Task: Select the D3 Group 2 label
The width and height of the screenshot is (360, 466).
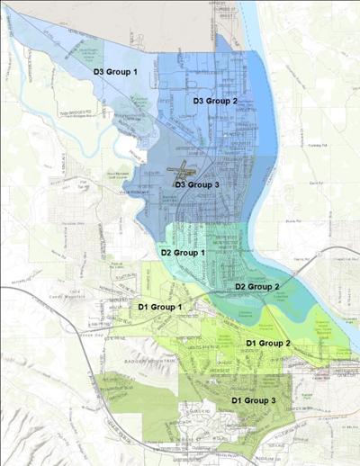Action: point(215,101)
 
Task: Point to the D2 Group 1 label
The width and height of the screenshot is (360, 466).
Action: point(184,253)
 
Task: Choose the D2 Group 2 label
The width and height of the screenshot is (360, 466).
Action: point(257,286)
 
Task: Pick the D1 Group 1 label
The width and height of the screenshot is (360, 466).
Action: point(161,308)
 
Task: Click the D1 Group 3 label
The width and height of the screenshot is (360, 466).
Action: point(255,399)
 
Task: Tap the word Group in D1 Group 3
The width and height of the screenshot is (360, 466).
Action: point(257,399)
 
